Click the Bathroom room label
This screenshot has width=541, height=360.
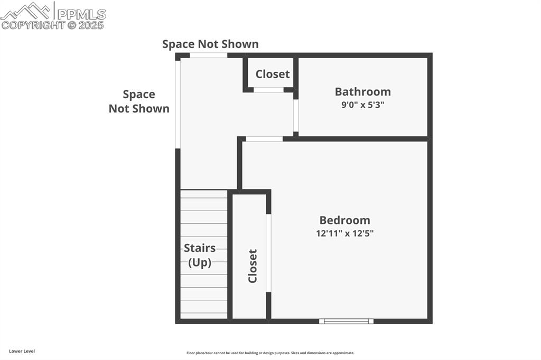tap(362, 92)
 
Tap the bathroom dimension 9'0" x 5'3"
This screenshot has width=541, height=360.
tap(362, 105)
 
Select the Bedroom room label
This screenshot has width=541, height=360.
tap(344, 220)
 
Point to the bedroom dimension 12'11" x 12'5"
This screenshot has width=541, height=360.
tap(344, 233)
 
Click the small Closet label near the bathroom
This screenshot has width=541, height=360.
tap(273, 74)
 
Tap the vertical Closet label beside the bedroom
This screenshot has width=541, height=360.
tap(253, 266)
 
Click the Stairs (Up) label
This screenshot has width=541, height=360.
tap(200, 255)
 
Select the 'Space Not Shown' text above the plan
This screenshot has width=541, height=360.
tap(210, 44)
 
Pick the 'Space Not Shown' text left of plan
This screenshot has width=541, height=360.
tap(139, 101)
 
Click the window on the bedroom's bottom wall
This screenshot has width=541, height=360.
tap(346, 321)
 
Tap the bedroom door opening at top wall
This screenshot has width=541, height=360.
tap(264, 139)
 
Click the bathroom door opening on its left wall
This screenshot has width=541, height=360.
tap(296, 115)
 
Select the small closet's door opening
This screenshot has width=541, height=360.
tap(268, 90)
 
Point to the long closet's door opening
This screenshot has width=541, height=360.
tap(268, 253)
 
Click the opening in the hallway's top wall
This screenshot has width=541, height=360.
tap(208, 55)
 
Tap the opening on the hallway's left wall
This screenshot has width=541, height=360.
tap(178, 103)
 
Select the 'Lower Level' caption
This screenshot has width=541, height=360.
tap(22, 351)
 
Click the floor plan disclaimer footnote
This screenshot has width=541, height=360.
tap(270, 353)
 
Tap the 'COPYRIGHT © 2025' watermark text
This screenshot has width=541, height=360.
tap(53, 25)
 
